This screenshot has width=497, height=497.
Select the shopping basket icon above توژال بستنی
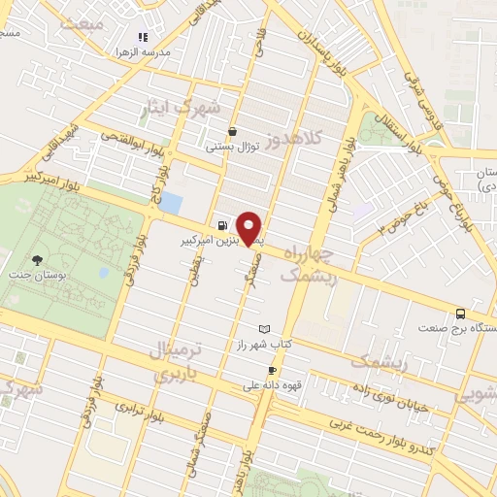[x=232, y=132]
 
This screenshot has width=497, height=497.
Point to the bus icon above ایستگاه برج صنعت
[x=460, y=314]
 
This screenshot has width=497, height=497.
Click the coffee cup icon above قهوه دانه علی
[x=273, y=370]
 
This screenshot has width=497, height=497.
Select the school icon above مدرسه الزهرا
[x=144, y=37]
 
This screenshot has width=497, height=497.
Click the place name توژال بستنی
[x=231, y=148]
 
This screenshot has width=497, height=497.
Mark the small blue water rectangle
[x=171, y=203]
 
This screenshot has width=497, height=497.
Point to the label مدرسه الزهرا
[x=144, y=50]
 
